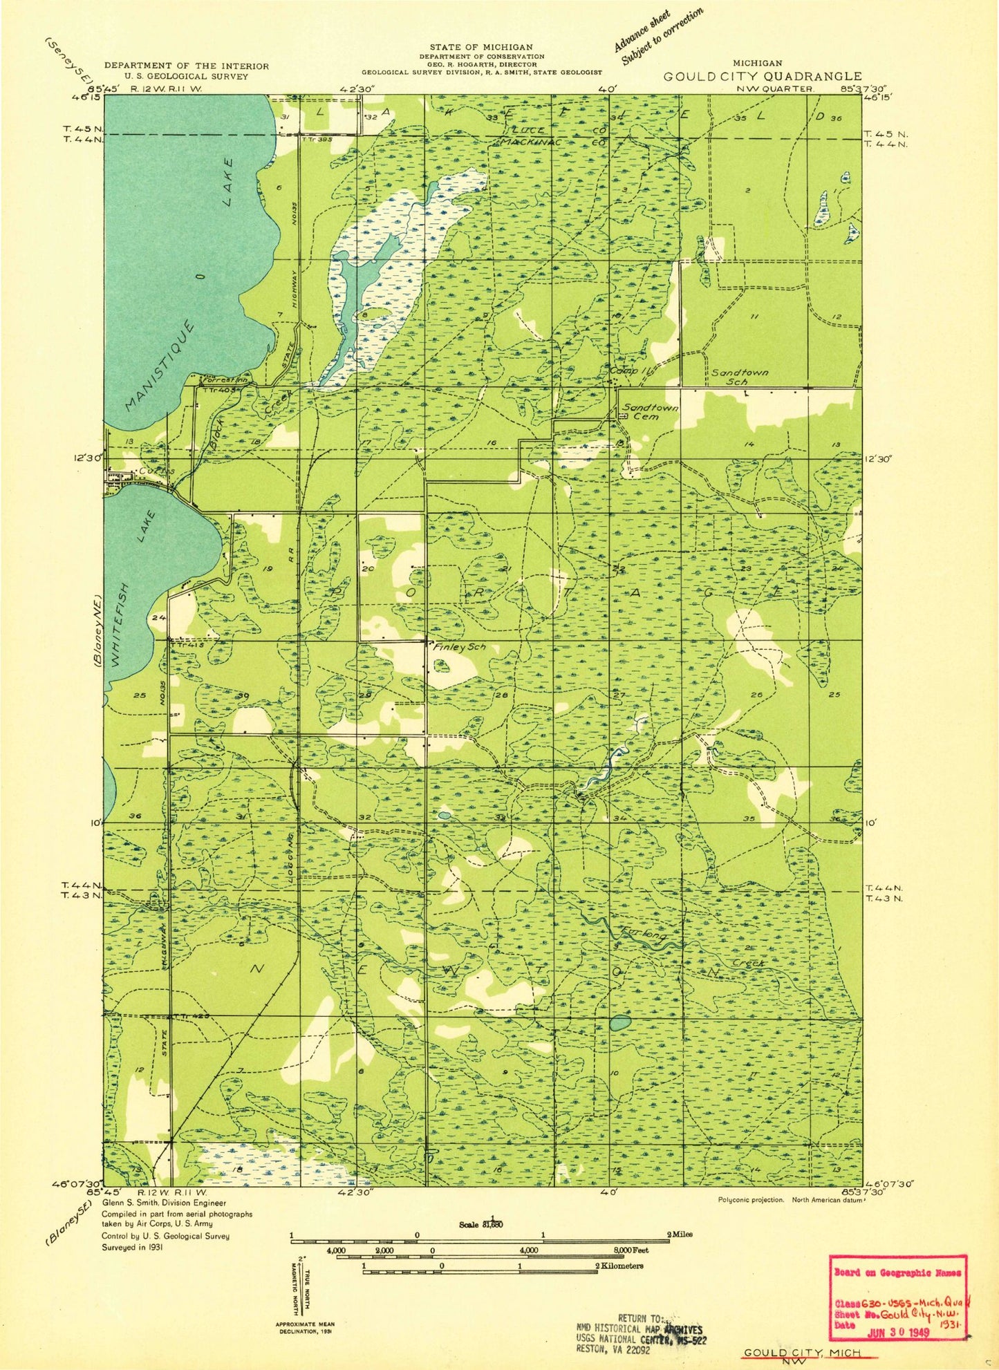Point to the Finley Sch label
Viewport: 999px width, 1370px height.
click(x=459, y=648)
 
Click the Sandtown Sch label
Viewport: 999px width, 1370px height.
click(x=739, y=376)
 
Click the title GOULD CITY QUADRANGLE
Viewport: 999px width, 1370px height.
click(x=762, y=76)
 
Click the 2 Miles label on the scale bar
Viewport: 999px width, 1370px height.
click(x=679, y=1234)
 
